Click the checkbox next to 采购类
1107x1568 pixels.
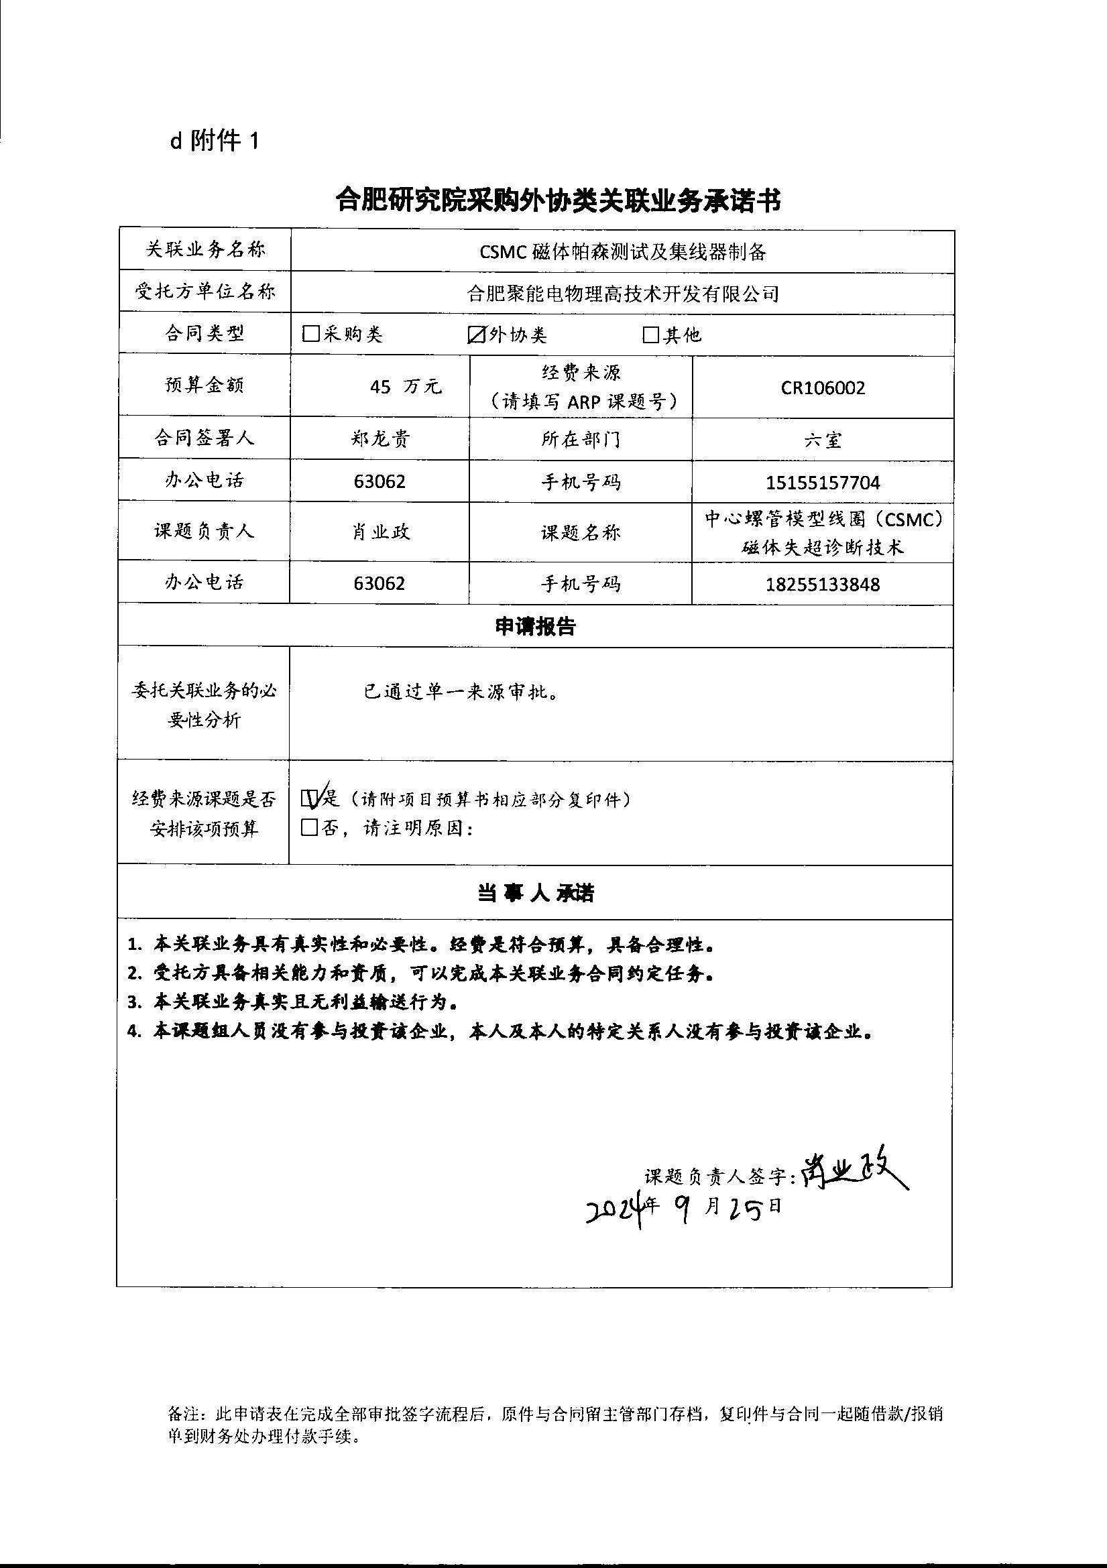point(310,334)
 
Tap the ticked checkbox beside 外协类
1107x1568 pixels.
point(476,335)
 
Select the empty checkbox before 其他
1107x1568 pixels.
point(650,335)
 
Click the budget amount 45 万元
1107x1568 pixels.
point(406,387)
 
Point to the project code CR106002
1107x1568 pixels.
point(823,388)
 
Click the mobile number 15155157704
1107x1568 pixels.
point(822,483)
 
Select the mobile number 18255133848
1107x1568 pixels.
point(822,584)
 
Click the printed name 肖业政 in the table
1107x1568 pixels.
point(380,532)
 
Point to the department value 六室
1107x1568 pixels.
point(822,440)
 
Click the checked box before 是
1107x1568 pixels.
point(310,798)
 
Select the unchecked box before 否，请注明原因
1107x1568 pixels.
point(310,828)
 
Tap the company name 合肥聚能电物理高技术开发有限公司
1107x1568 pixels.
point(622,294)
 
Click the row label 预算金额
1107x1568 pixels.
point(205,385)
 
